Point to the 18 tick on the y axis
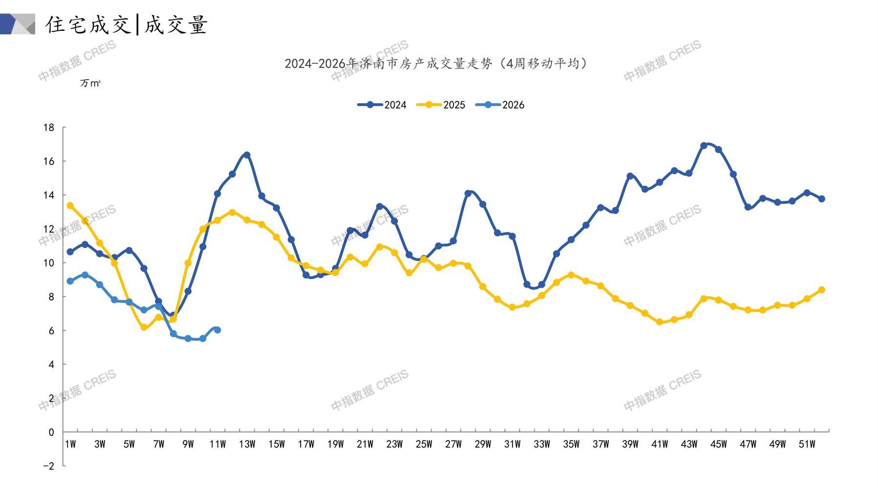[x=49, y=128]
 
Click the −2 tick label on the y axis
[x=48, y=466]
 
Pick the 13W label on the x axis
[x=247, y=444]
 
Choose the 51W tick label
[x=807, y=444]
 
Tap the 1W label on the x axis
[x=70, y=444]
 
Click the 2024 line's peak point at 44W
[x=704, y=146]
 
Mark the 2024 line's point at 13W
[x=247, y=155]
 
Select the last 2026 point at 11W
[x=217, y=330]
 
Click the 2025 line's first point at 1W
[x=70, y=206]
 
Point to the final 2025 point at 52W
[x=822, y=290]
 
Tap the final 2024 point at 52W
[x=822, y=199]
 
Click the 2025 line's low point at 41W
[x=660, y=322]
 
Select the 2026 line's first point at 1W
[x=70, y=281]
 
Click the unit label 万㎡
[x=90, y=84]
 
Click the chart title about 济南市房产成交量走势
[x=436, y=64]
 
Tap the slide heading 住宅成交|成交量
[x=127, y=24]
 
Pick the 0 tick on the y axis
[x=51, y=432]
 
